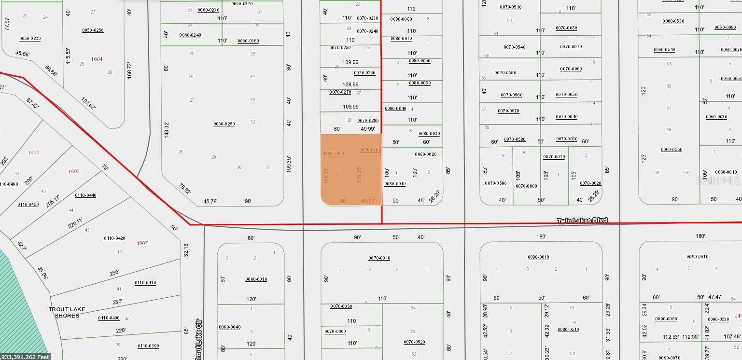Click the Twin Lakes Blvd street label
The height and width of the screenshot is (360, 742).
[582, 221]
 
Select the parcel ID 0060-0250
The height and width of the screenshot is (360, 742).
[224, 124]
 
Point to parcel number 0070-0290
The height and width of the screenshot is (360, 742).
[333, 154]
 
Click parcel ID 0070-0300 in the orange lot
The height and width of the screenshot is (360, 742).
[370, 150]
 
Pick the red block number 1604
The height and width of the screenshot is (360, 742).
[97, 59]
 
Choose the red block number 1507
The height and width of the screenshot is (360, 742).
[142, 243]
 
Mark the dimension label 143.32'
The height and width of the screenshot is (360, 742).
[167, 130]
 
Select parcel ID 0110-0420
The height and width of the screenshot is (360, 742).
[114, 238]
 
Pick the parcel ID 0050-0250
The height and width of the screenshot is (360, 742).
[93, 30]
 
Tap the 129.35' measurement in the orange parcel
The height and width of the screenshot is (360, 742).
[359, 175]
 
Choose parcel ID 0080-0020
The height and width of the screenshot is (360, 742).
[425, 154]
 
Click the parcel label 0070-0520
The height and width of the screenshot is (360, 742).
[414, 342]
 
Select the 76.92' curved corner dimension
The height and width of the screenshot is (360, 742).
[184, 188]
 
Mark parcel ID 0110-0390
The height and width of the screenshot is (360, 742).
[149, 346]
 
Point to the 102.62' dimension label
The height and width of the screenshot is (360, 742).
[88, 104]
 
